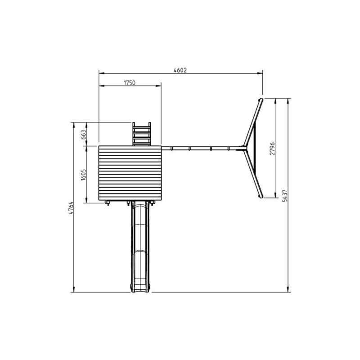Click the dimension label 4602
click(x=180, y=70)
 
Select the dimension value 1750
click(x=130, y=83)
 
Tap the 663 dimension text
click(x=84, y=135)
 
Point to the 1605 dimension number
click(x=84, y=175)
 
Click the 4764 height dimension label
click(x=71, y=208)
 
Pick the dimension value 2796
click(x=272, y=148)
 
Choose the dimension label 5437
click(x=285, y=196)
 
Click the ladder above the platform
click(x=142, y=134)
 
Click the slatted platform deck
click(x=130, y=173)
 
